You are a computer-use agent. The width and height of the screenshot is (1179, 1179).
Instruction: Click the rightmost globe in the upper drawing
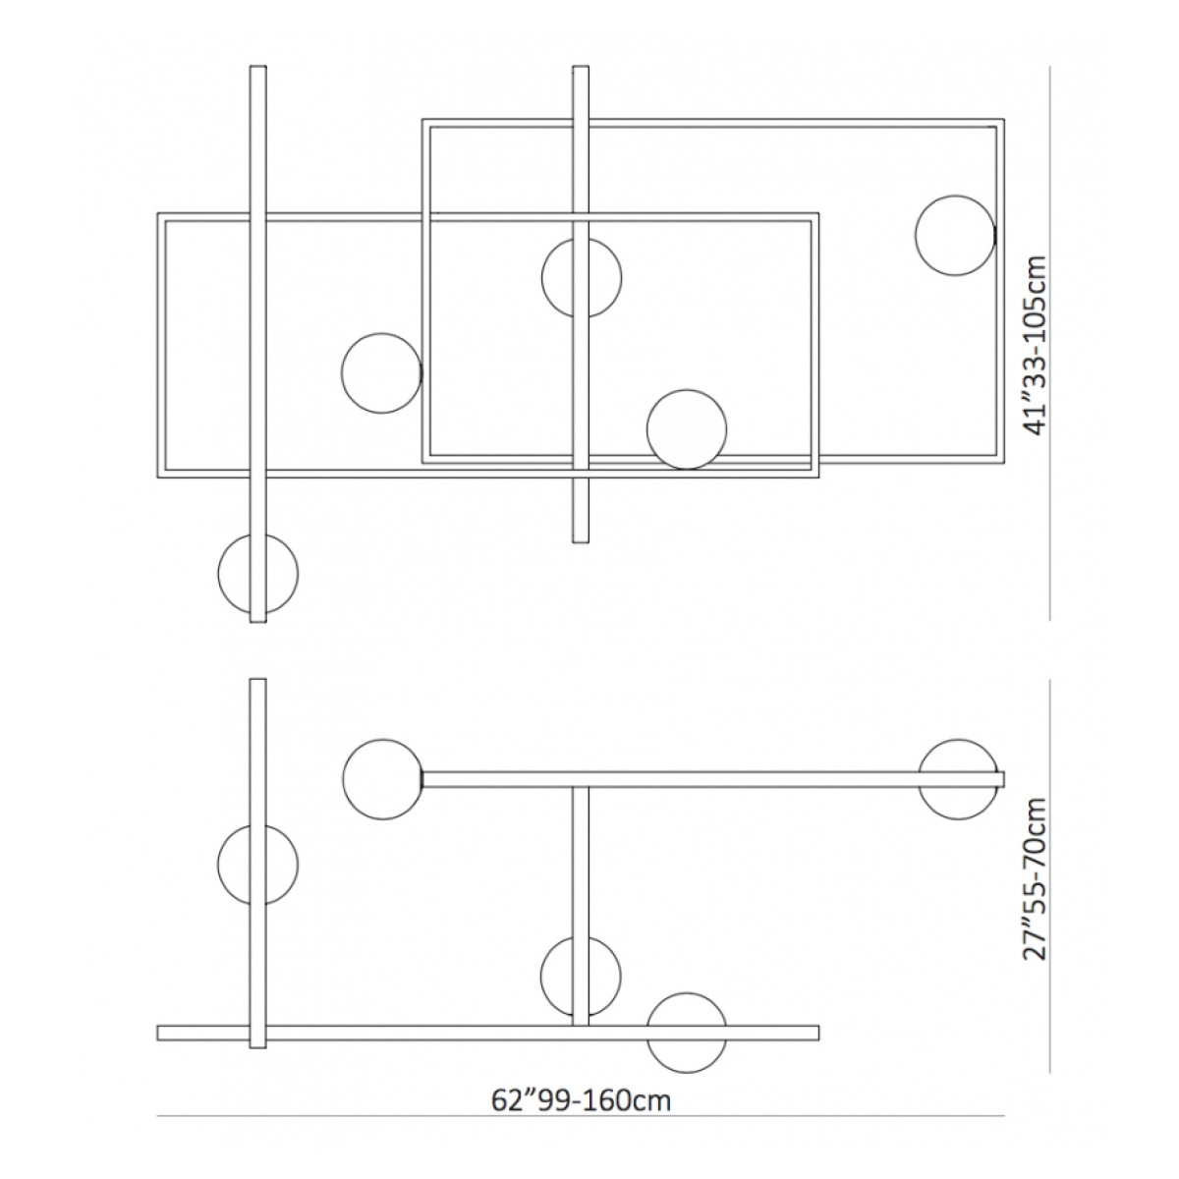tap(955, 236)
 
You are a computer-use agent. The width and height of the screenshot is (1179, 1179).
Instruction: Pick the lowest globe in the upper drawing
tap(258, 574)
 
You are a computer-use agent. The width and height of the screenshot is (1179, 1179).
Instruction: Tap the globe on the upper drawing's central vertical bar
tap(582, 278)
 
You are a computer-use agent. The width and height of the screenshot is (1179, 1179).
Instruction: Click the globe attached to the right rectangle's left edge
tap(382, 373)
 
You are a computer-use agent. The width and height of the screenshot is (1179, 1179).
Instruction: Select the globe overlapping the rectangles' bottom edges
tap(687, 429)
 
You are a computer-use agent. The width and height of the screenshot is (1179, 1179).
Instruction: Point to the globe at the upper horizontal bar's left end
tap(383, 779)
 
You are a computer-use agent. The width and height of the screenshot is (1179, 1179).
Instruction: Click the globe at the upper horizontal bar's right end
tap(959, 779)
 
